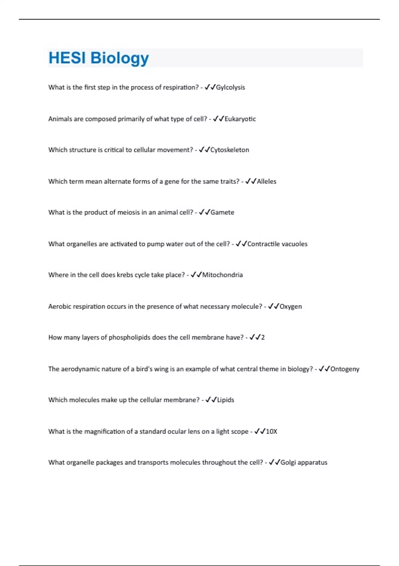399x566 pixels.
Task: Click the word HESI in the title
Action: (67, 58)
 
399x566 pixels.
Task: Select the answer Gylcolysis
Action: (230, 88)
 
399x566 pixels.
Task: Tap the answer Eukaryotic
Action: (240, 119)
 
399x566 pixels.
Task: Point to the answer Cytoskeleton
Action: (229, 150)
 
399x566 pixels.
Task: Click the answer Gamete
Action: (222, 212)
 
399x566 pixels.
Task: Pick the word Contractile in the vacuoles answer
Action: (263, 244)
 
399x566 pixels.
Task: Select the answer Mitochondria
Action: (222, 275)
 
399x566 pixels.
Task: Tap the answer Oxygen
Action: (291, 307)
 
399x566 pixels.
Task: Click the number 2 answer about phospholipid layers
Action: (263, 338)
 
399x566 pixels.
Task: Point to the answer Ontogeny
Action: (345, 369)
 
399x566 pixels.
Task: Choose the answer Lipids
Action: (225, 400)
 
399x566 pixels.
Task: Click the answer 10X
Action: (271, 431)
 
